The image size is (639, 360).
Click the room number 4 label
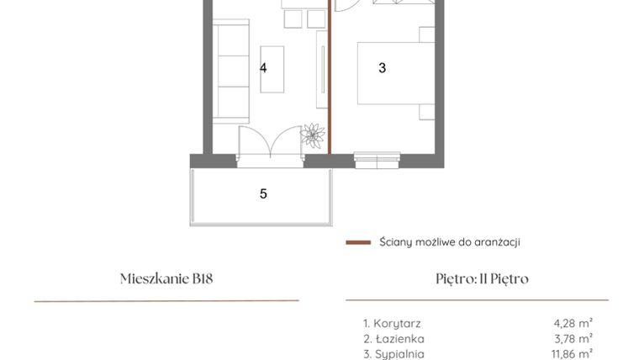pyautogui.click(x=263, y=68)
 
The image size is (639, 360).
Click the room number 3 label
pyautogui.click(x=382, y=68)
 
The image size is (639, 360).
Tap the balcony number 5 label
pyautogui.click(x=263, y=193)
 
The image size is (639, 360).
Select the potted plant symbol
pyautogui.click(x=314, y=135)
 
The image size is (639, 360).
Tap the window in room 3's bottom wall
pyautogui.click(x=377, y=156)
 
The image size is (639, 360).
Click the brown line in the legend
pyautogui.click(x=358, y=242)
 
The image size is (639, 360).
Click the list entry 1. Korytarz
pyautogui.click(x=392, y=323)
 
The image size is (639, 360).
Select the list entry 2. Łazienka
pyautogui.click(x=392, y=339)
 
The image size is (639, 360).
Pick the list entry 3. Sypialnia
pyautogui.click(x=393, y=354)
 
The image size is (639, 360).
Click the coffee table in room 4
pyautogui.click(x=272, y=69)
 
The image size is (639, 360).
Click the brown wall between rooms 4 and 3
pyautogui.click(x=330, y=84)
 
